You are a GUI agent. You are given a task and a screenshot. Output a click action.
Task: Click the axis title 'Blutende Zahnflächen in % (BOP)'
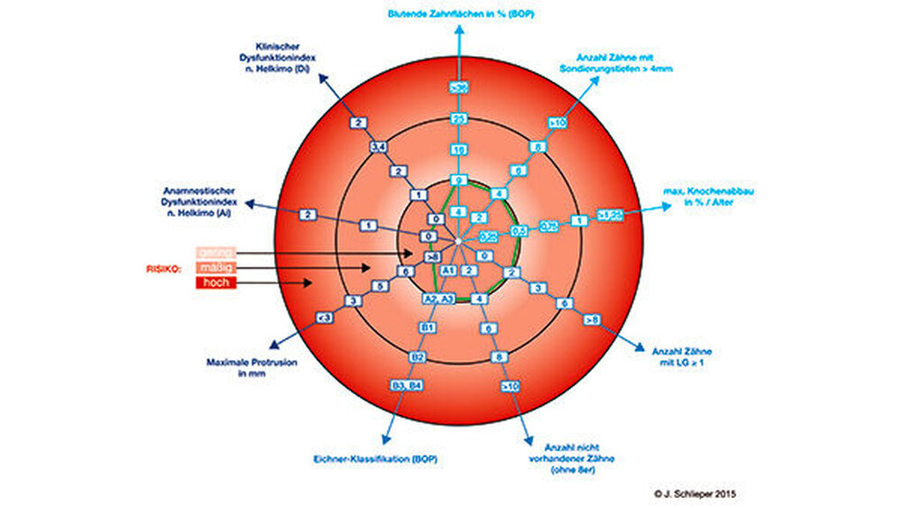coord(457,14)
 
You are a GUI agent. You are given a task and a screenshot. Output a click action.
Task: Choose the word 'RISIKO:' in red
coord(165,267)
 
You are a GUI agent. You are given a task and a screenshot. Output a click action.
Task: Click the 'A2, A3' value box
coord(437,298)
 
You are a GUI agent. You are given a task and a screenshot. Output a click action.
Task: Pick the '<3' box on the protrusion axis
coord(326,318)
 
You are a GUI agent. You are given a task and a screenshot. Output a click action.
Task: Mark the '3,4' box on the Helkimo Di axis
coord(378,145)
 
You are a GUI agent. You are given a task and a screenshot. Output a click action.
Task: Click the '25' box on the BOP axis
coord(457,118)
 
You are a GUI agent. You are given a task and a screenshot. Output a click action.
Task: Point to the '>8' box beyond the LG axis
coord(591,319)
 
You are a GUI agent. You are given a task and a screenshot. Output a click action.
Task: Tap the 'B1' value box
coord(428,326)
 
